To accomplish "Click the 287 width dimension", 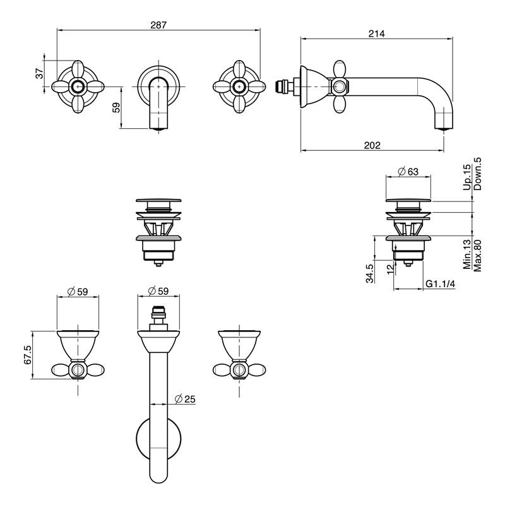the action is point(158,25).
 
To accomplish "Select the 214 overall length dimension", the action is point(376,33).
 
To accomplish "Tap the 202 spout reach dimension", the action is point(372,145).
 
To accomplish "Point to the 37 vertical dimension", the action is point(39,73).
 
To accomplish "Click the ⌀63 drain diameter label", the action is point(408,172).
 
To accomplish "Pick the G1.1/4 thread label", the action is point(440,283).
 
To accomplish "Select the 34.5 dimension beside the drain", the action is point(370,273).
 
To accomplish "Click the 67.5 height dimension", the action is point(28,355).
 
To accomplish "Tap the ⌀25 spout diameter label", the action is point(185,399).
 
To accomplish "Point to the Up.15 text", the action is point(467,177).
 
